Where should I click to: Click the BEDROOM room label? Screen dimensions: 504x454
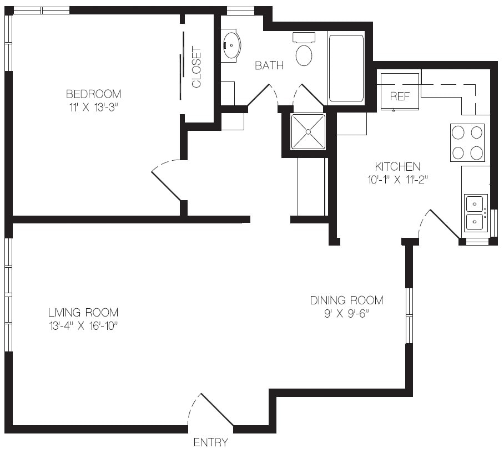pos(94,94)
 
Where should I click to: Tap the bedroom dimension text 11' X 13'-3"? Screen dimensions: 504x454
pos(92,108)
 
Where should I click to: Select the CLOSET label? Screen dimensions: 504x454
pos(196,67)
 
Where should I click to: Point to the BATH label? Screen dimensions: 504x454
pos(269,65)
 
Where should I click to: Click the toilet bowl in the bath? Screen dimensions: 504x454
pos(304,55)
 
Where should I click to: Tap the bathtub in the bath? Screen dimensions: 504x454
pos(346,68)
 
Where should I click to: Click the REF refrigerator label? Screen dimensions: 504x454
pos(400,96)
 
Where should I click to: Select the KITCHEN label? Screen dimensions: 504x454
pos(397,166)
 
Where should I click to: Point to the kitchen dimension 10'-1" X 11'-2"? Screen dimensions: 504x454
pos(397,180)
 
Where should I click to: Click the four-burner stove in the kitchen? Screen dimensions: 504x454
pos(467,142)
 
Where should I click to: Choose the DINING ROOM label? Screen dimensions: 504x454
pos(347,300)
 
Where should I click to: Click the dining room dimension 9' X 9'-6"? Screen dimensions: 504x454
pos(346,314)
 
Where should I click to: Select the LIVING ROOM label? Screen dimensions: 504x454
pos(83,313)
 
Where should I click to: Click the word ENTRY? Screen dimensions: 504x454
pos(211,442)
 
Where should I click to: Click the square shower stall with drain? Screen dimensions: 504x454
pos(308,131)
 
